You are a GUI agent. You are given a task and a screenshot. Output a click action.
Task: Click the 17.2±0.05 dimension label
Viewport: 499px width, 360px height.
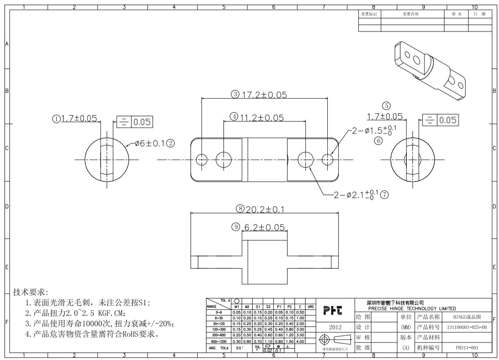pos(265,95)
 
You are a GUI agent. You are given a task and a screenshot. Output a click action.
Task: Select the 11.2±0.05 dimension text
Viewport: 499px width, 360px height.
pos(261,118)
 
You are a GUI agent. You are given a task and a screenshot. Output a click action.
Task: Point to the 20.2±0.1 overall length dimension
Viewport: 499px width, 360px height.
pos(267,210)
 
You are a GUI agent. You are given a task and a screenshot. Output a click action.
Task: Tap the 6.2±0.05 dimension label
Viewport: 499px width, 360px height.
pos(264,227)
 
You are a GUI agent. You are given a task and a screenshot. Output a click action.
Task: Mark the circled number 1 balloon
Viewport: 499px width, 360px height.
pos(56,119)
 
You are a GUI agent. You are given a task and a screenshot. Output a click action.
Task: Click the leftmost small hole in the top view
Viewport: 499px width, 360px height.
pos(202,159)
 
